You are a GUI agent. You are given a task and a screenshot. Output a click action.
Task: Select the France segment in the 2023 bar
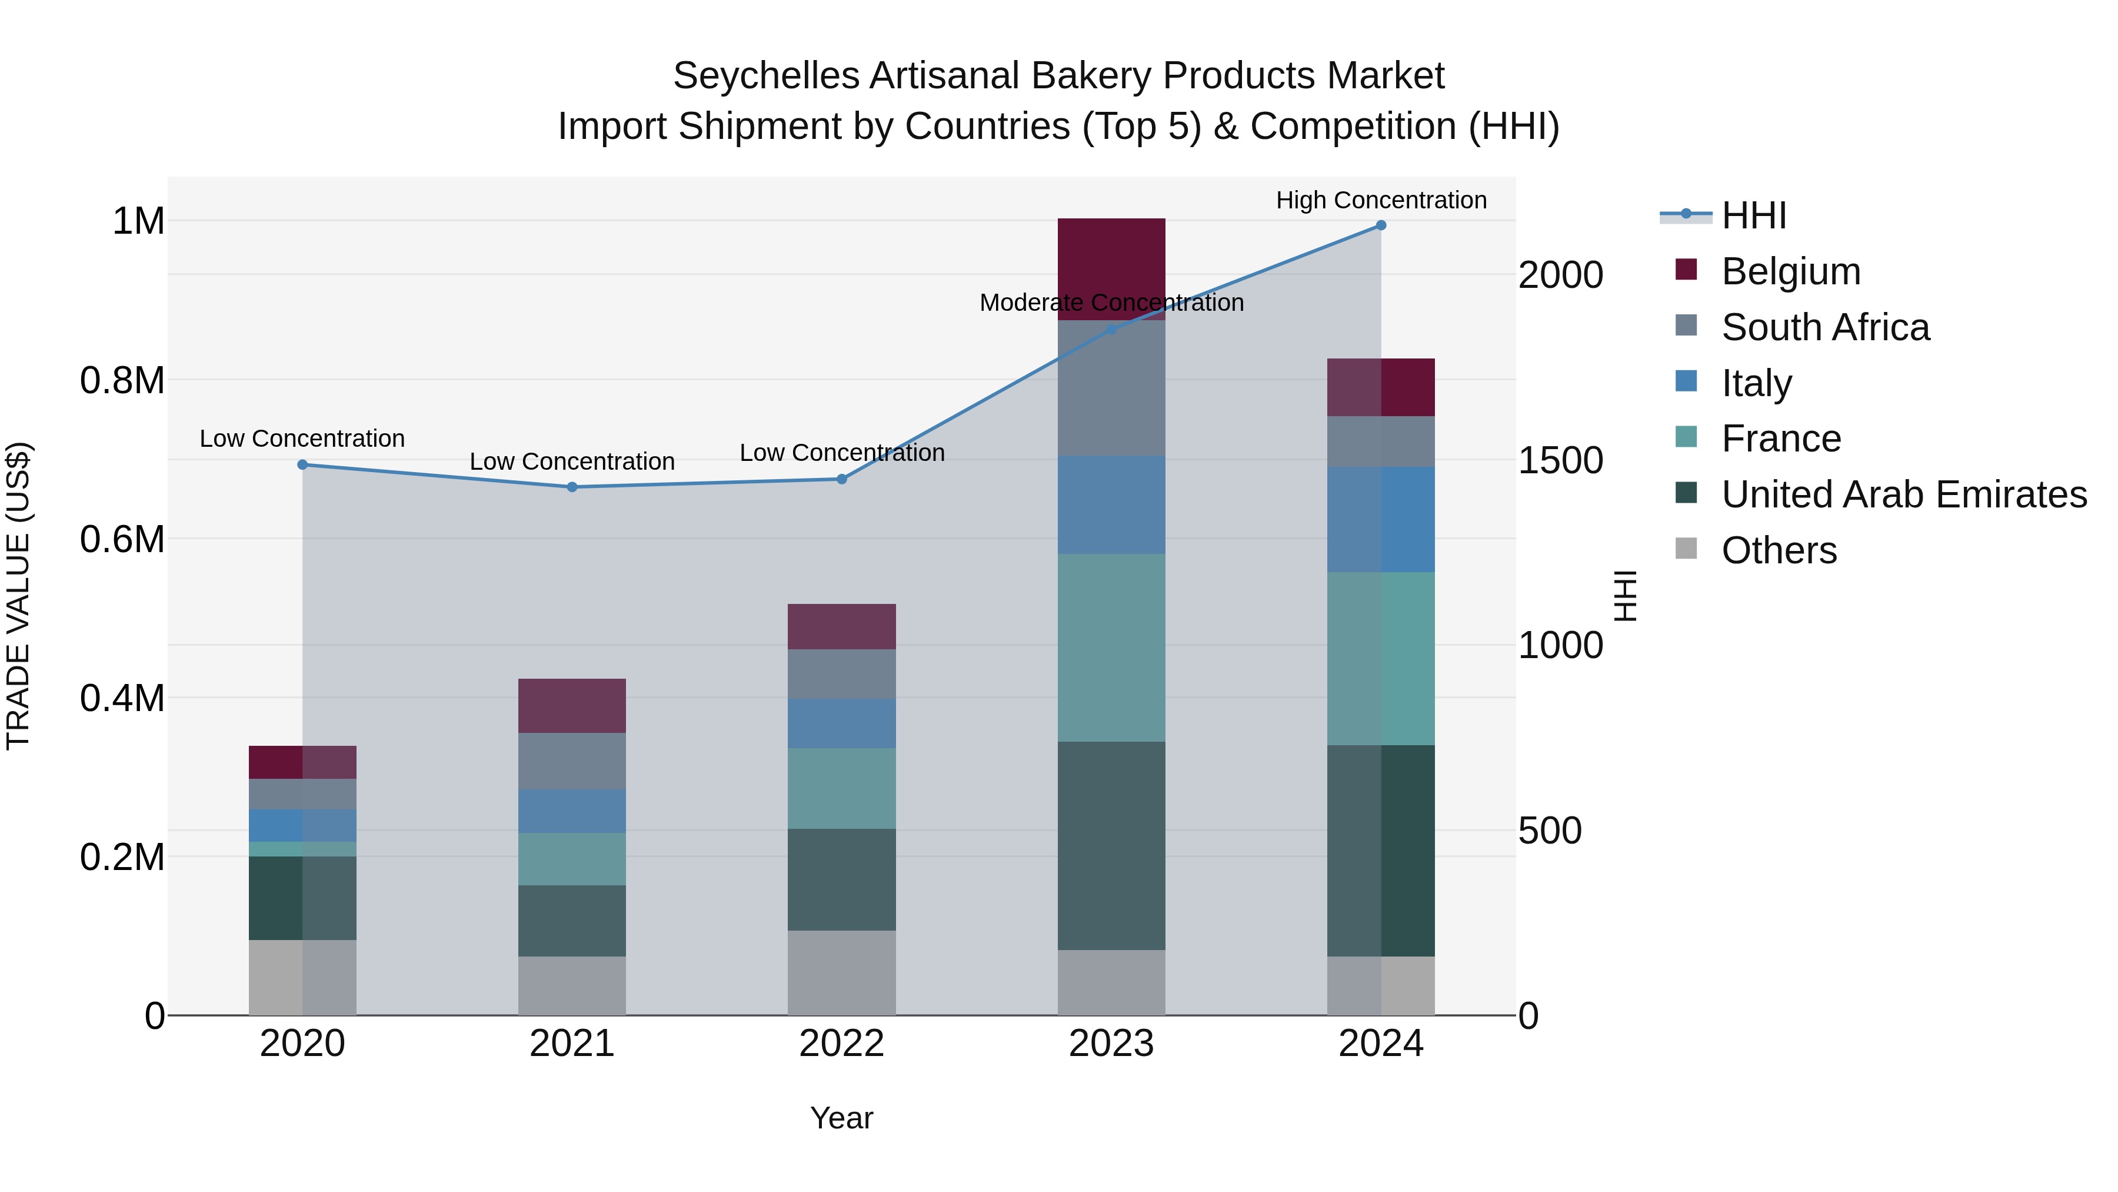[x=1111, y=648]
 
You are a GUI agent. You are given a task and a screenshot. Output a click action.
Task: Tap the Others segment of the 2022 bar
[x=841, y=972]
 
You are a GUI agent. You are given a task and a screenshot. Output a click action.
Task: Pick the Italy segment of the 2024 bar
[x=1380, y=519]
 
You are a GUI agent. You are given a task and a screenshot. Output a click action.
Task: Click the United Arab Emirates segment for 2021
[x=571, y=921]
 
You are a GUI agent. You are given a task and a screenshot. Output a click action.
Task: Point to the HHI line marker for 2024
[x=1380, y=225]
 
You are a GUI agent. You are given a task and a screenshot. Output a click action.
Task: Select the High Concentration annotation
[x=1380, y=200]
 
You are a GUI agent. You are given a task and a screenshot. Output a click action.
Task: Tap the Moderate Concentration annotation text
[x=1111, y=303]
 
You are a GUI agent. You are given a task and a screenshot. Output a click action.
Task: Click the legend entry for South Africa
[x=1824, y=327]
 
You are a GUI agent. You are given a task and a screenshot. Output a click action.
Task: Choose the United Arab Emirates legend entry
[x=1903, y=494]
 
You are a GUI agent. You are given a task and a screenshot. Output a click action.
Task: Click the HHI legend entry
[x=1753, y=215]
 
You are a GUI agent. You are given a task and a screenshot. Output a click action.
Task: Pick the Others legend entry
[x=1779, y=550]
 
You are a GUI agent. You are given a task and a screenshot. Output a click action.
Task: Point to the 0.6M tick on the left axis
[x=122, y=540]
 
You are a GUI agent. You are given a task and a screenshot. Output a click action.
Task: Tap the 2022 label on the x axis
[x=841, y=1044]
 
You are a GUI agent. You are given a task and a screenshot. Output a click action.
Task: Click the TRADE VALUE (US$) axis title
[x=18, y=596]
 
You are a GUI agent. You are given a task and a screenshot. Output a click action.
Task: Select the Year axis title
[x=841, y=1118]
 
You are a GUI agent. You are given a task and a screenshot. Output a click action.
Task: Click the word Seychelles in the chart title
[x=765, y=76]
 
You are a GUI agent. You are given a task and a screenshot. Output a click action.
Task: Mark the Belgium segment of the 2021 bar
[x=571, y=705]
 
